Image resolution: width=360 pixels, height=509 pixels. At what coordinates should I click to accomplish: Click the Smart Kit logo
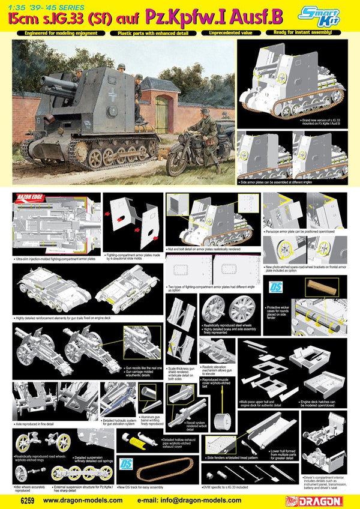pos(332,13)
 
